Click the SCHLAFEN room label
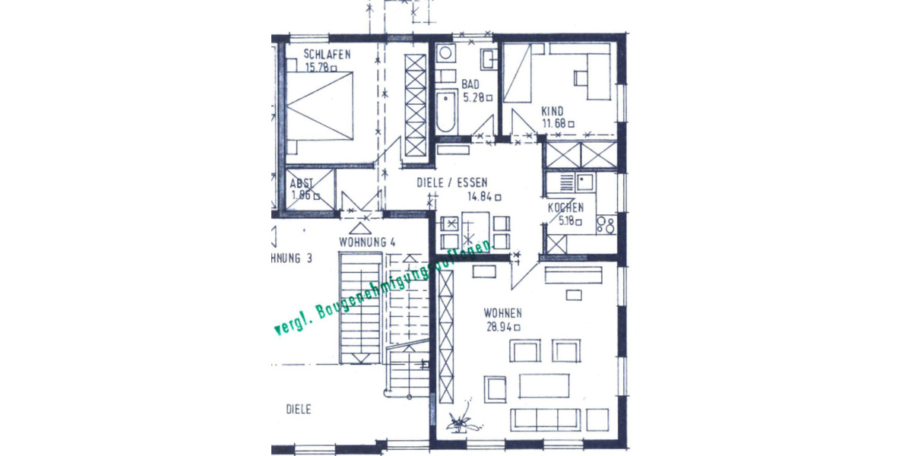(x=327, y=54)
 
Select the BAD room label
(x=470, y=84)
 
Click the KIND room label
(x=553, y=111)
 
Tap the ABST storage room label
(x=302, y=184)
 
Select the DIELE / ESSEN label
(x=452, y=182)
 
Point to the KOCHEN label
(x=566, y=207)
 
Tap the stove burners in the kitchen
(x=606, y=224)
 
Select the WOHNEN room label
(x=502, y=313)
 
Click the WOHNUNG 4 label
(x=367, y=242)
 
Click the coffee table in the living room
(x=544, y=385)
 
